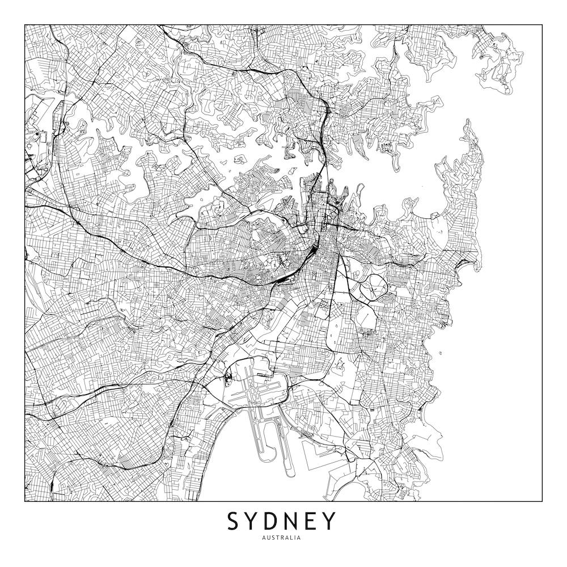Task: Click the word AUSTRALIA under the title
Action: pyautogui.click(x=282, y=538)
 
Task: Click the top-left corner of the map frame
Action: pyautogui.click(x=25, y=25)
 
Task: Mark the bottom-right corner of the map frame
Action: pyautogui.click(x=542, y=501)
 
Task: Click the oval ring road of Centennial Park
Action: pyautogui.click(x=373, y=286)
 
